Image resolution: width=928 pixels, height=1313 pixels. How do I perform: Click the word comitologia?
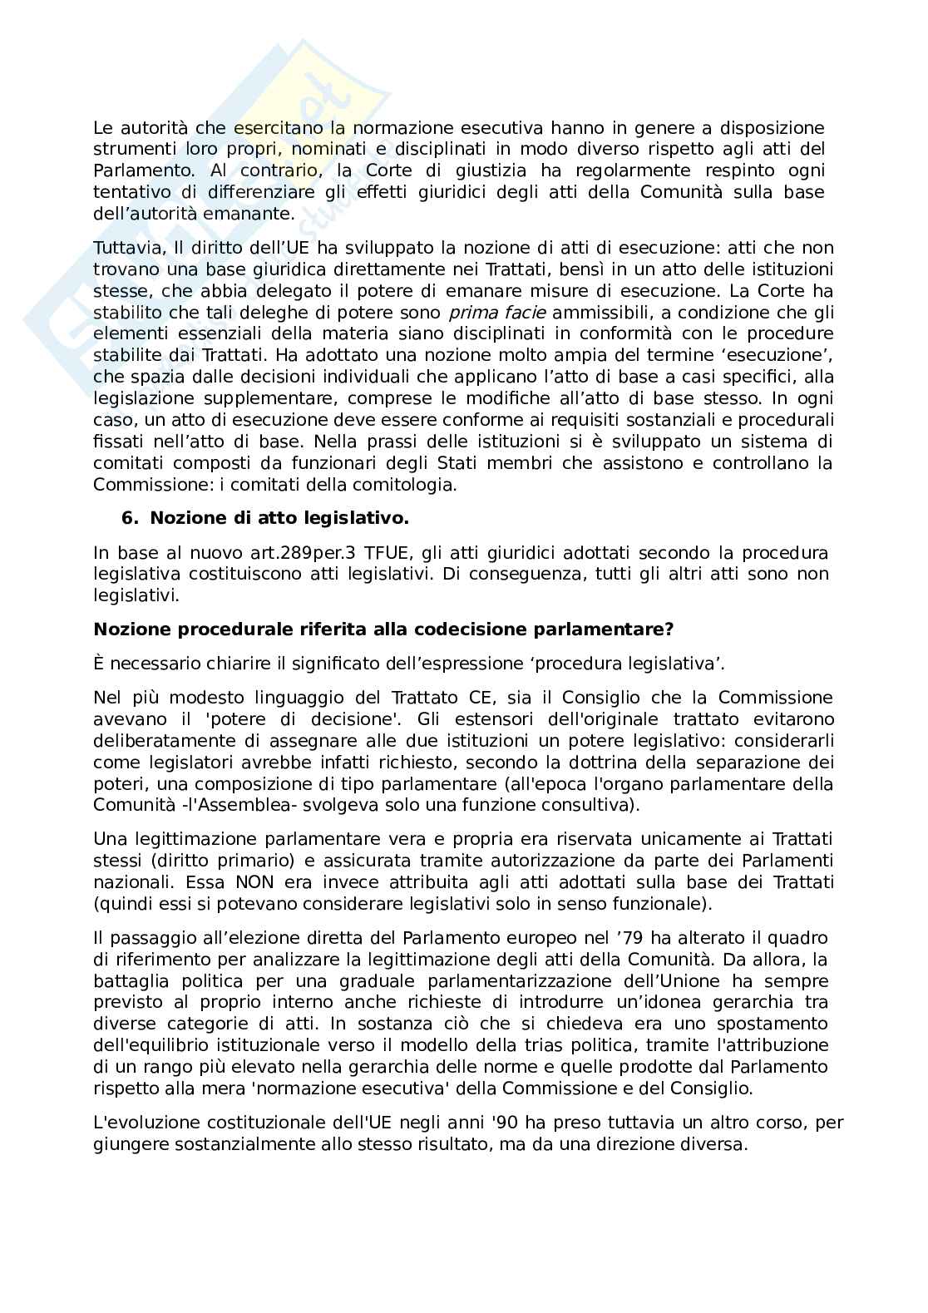[x=407, y=485]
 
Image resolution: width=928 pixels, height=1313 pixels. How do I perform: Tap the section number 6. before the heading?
[x=130, y=518]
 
